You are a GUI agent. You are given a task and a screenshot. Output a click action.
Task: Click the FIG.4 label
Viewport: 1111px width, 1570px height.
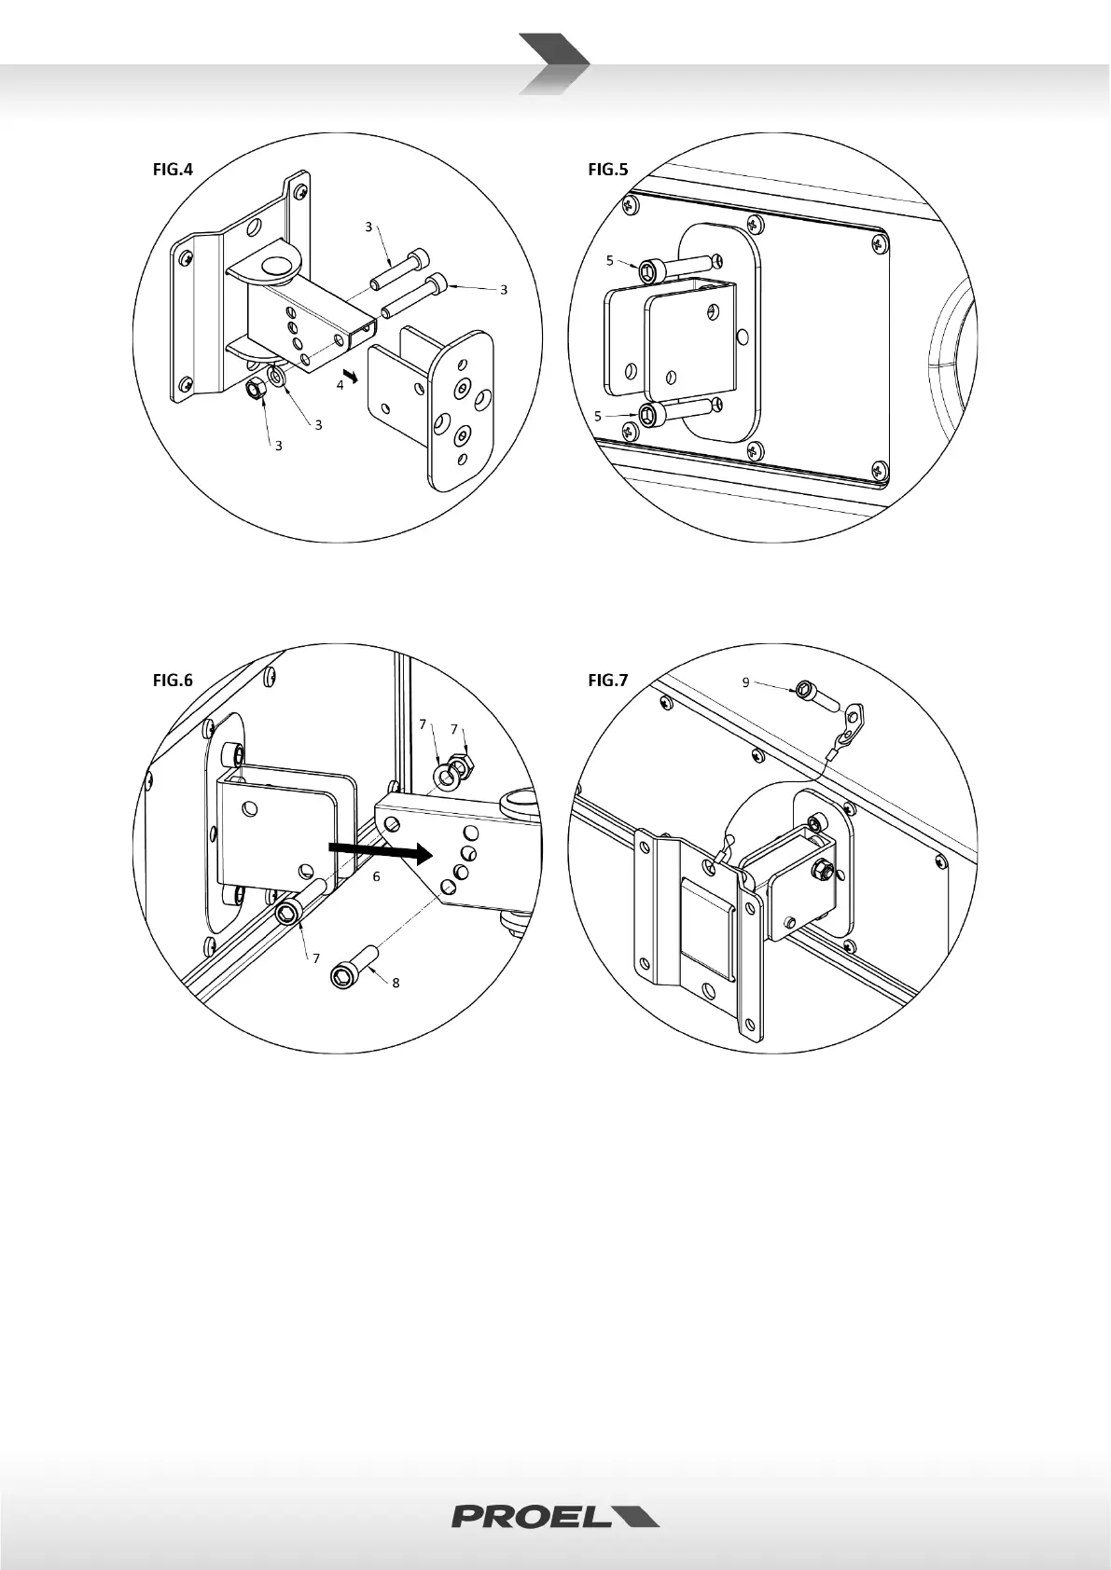[173, 169]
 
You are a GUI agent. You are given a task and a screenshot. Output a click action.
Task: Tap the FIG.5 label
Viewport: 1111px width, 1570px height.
[608, 169]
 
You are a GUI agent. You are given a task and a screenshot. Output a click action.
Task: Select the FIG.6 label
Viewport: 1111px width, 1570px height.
[173, 680]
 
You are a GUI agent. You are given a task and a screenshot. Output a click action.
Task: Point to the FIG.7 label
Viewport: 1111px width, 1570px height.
[608, 680]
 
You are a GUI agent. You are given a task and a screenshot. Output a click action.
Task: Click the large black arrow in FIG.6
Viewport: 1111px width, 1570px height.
[380, 851]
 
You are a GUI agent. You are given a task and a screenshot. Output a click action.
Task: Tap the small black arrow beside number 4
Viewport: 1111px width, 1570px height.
[351, 377]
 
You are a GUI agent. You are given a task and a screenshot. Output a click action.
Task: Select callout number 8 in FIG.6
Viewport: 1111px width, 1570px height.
[396, 984]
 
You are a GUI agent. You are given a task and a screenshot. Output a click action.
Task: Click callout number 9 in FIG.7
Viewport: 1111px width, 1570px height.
[745, 682]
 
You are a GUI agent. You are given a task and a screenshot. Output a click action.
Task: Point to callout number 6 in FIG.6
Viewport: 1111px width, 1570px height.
[376, 876]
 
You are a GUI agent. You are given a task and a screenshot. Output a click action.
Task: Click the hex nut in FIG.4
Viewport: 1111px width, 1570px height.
[256, 388]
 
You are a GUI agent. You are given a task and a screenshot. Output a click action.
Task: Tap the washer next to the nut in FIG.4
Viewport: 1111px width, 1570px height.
[277, 378]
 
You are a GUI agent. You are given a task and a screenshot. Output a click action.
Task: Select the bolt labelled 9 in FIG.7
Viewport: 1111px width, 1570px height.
[818, 696]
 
